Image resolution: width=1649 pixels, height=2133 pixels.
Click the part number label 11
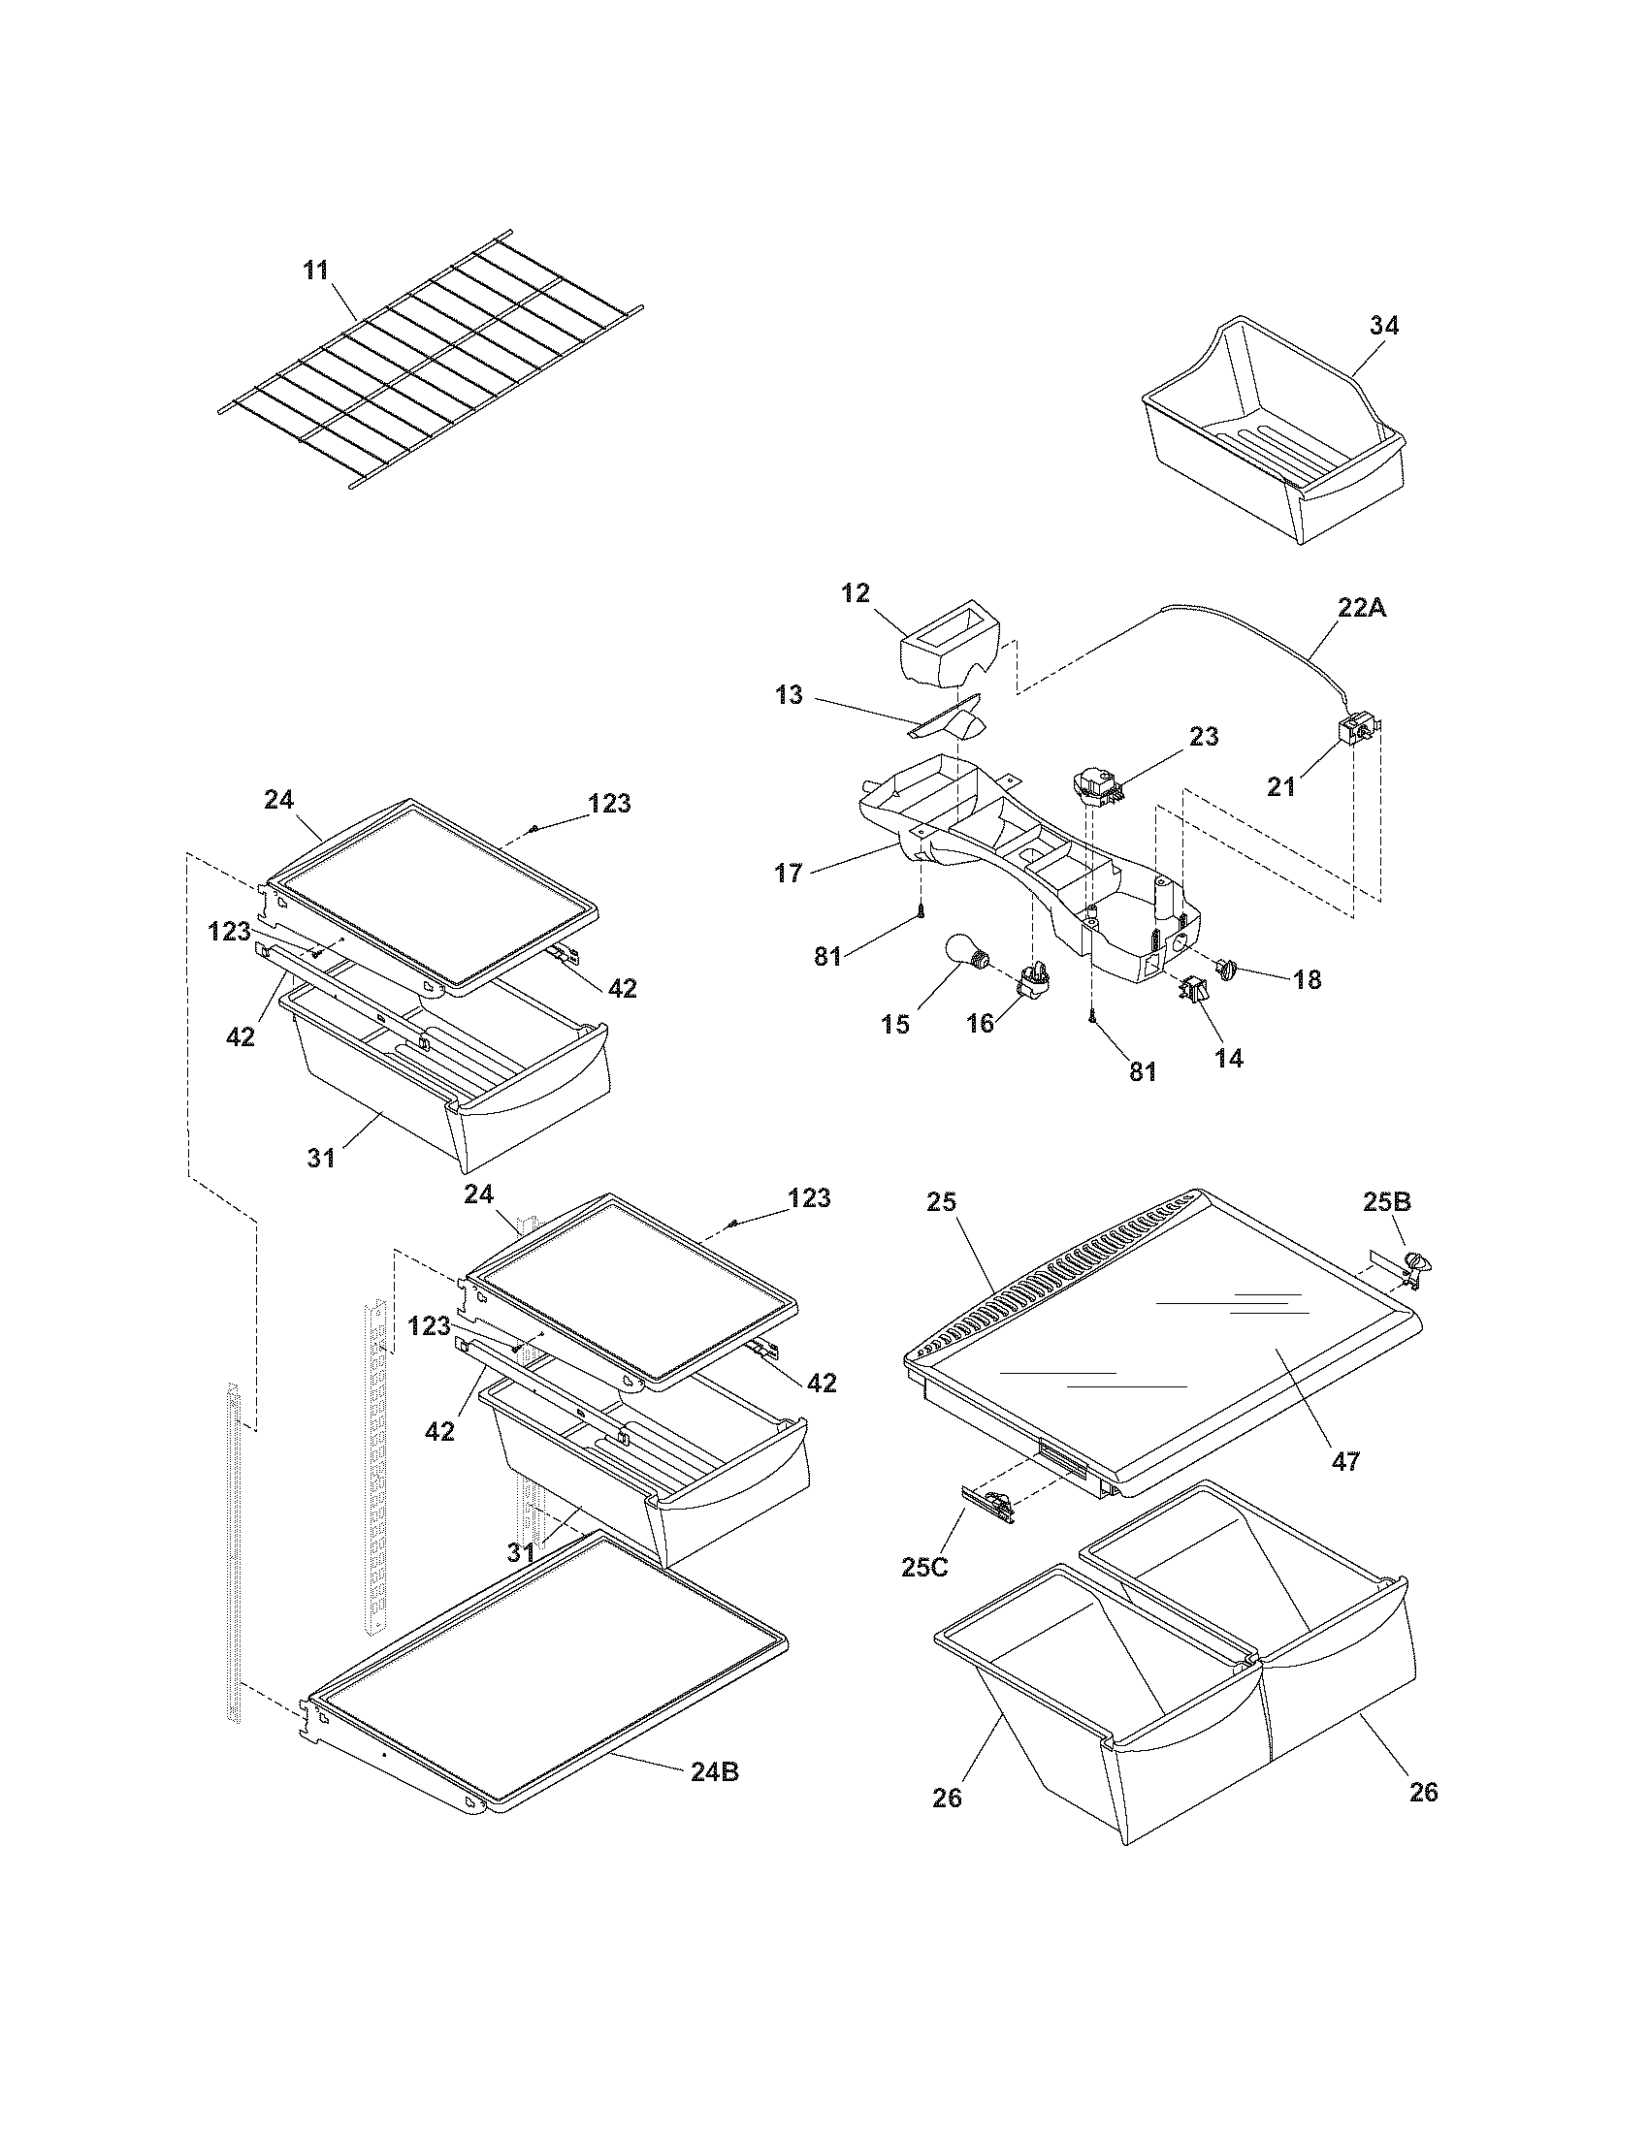315,271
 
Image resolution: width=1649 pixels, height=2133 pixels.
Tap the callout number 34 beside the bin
1383,326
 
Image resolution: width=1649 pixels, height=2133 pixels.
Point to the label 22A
1362,608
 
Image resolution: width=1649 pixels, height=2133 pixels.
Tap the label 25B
1387,1202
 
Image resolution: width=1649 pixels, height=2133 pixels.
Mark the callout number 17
789,873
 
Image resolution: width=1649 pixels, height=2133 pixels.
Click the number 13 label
789,694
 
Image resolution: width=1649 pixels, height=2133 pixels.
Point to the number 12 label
855,592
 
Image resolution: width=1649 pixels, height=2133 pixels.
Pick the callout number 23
1204,737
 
